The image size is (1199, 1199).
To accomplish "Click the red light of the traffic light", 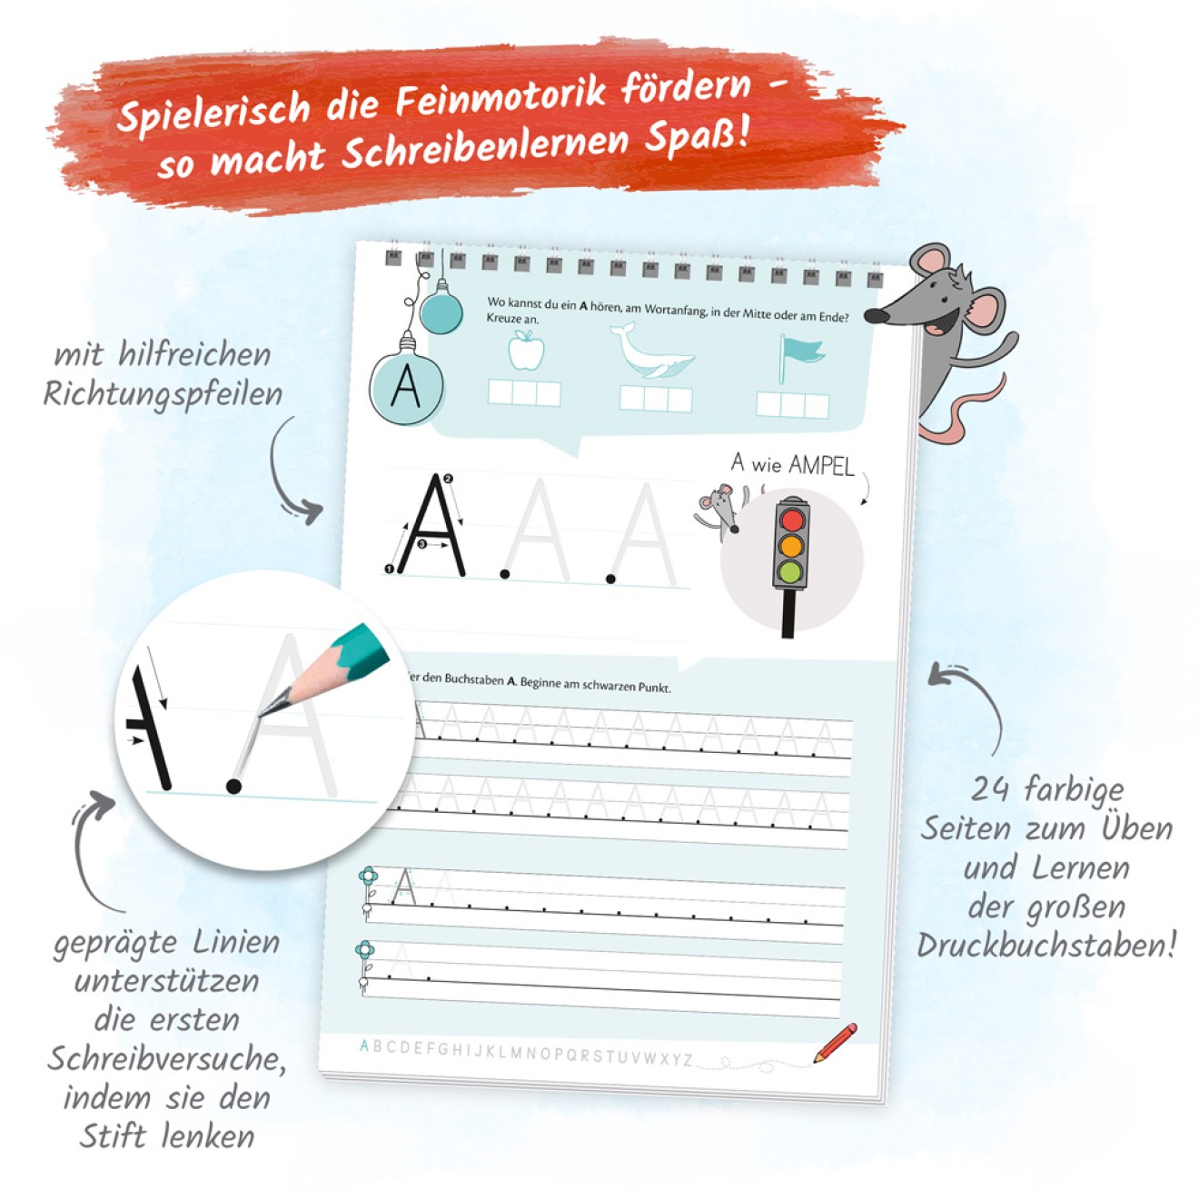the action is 791,519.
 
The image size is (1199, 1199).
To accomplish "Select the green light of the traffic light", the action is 790,572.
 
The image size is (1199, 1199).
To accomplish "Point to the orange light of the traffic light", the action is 791,546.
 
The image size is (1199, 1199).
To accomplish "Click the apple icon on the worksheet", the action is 526,351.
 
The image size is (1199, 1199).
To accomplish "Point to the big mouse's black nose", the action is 877,315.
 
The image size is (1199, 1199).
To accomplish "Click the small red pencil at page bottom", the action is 835,1042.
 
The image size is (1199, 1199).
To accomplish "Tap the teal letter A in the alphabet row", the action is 364,1045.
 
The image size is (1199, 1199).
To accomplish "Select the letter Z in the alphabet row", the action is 688,1060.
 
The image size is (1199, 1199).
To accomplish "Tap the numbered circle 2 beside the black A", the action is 448,479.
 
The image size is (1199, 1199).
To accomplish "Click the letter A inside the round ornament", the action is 405,386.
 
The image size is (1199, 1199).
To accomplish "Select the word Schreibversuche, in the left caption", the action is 166,1058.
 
